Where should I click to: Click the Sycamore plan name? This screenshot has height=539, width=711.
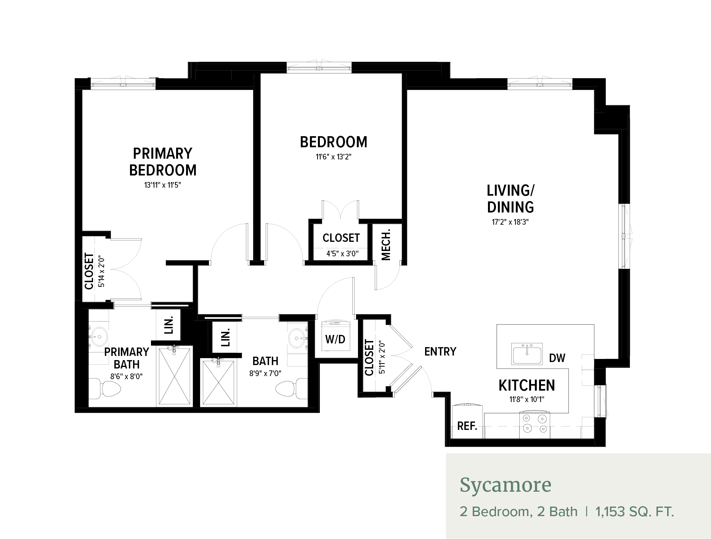point(506,485)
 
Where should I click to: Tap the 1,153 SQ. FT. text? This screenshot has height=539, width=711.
point(634,512)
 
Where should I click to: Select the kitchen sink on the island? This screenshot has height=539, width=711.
point(527,354)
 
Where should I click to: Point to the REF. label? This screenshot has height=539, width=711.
point(467,426)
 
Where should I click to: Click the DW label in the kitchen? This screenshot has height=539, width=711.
point(557,358)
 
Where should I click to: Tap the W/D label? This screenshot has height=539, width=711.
point(335,339)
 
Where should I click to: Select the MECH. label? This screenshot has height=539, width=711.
point(386,245)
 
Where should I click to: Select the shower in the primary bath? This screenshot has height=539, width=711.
point(175,376)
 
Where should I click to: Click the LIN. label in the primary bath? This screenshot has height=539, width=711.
point(169,325)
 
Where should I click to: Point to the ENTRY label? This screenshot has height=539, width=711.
point(440,351)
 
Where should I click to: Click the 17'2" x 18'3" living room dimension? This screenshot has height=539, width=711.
point(510,222)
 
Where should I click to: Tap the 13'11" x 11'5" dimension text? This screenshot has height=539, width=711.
point(162,185)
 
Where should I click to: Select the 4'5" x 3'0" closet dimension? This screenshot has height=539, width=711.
point(342,254)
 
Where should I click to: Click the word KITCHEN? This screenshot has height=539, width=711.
point(527,386)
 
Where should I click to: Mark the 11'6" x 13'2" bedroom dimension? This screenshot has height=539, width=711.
point(334,157)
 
